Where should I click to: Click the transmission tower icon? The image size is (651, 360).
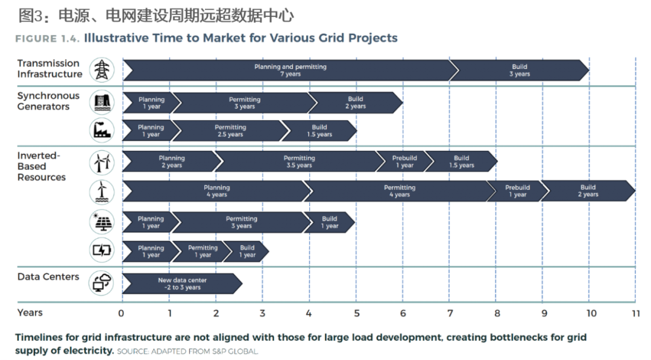[x=102, y=69]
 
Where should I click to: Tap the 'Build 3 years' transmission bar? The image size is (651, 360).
[x=519, y=71]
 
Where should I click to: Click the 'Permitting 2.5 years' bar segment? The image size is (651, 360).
[x=230, y=131]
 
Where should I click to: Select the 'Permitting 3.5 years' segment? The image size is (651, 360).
[x=299, y=162]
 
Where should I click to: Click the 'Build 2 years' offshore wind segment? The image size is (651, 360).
[x=588, y=191]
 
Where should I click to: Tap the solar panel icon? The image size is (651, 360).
[x=101, y=223]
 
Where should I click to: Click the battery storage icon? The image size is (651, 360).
[x=101, y=251]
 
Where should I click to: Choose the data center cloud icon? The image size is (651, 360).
[x=101, y=282]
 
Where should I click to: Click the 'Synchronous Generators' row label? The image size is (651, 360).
[x=48, y=101]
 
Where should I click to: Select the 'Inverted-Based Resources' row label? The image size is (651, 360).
[x=42, y=166]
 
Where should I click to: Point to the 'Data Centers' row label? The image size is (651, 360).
[x=48, y=277]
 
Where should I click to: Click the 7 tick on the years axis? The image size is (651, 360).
[x=450, y=313]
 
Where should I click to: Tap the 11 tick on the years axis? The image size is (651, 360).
[x=634, y=313]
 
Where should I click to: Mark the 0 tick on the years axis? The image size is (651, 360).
[x=121, y=313]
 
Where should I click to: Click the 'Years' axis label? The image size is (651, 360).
[x=30, y=312]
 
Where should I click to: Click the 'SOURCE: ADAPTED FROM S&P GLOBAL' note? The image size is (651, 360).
[x=187, y=351]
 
